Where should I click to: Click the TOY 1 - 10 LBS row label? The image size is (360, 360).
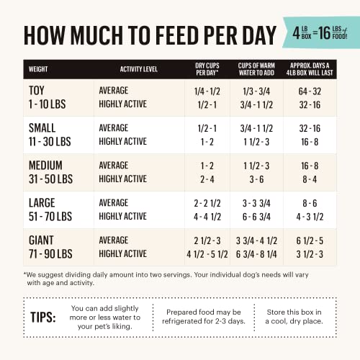(48, 97)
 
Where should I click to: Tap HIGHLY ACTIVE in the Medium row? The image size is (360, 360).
(122, 179)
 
